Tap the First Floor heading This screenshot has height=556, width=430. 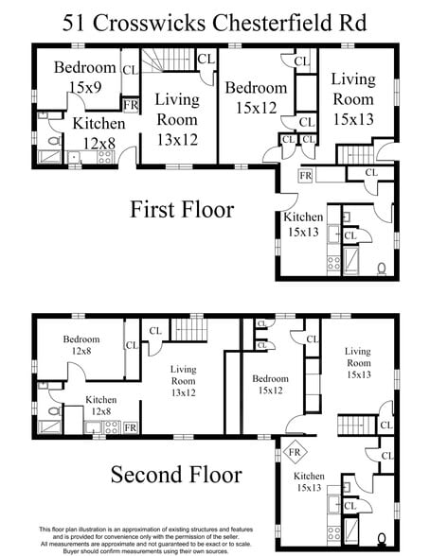181,209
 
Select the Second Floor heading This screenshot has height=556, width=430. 176,474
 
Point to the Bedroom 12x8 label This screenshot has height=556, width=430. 81,345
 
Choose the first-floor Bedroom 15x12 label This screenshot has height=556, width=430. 249,96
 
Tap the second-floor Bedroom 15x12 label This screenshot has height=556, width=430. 270,384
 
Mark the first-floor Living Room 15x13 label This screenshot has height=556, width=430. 353,99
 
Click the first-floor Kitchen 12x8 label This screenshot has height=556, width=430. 99,132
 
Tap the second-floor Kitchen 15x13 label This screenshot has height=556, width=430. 310,482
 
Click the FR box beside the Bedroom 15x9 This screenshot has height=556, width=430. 131,104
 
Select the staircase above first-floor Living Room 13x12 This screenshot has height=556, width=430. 178,62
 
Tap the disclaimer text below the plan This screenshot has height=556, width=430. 215,538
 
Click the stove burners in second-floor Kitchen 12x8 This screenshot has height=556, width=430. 111,427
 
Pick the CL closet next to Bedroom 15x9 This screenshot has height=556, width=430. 130,69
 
